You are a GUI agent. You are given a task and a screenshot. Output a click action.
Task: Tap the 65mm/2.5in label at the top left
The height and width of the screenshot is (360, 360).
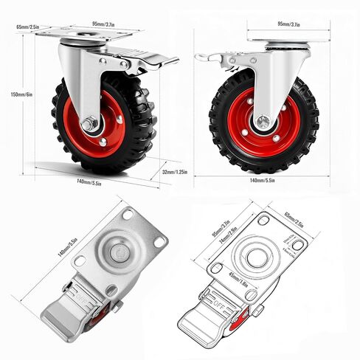(x=27, y=27)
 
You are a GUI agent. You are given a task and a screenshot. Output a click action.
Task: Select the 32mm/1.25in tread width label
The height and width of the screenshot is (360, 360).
(x=177, y=173)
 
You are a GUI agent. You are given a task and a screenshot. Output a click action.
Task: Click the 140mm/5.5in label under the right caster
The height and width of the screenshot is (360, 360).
(x=263, y=179)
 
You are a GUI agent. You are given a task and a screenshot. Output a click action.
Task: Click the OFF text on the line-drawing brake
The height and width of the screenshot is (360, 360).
(x=219, y=300)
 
